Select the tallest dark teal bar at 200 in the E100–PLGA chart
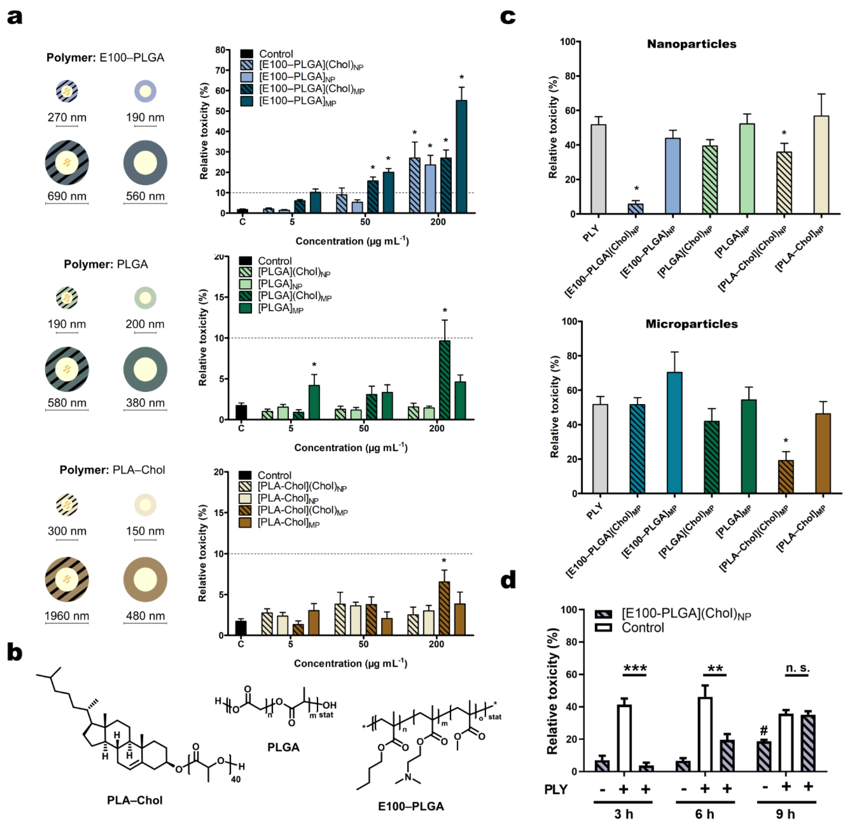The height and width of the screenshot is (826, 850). pyautogui.click(x=461, y=156)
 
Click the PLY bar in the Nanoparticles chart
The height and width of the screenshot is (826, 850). pyautogui.click(x=598, y=169)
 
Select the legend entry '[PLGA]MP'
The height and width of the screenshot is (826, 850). pyautogui.click(x=280, y=308)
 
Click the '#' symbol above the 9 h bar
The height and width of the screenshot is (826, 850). pyautogui.click(x=764, y=730)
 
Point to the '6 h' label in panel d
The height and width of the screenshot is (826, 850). pyautogui.click(x=705, y=814)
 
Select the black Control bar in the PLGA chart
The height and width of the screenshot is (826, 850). pyautogui.click(x=241, y=412)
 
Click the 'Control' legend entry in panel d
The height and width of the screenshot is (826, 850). pyautogui.click(x=642, y=628)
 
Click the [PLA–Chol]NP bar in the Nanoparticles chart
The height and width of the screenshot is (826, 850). pyautogui.click(x=821, y=165)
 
